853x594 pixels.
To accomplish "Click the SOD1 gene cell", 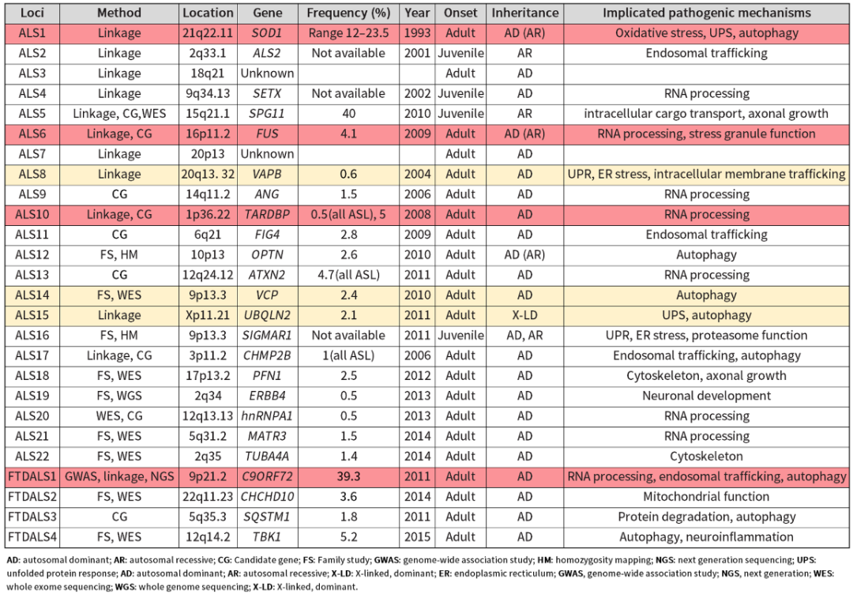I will point(268,33).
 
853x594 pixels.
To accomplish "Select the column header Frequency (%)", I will point(348,13).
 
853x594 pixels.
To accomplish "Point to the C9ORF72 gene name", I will point(268,476).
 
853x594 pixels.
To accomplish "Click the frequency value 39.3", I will point(348,476).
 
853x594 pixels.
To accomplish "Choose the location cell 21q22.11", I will point(208,33).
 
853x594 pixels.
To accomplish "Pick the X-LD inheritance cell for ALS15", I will point(525,315).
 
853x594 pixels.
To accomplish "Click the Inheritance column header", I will point(525,13).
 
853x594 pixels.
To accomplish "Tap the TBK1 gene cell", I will point(268,537).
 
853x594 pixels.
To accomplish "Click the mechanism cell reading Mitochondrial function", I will point(707,497).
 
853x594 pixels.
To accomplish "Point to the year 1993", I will point(417,33).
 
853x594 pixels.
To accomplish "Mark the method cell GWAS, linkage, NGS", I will point(119,476).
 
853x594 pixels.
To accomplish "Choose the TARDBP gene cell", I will point(268,214).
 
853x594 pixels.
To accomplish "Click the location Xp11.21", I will point(208,315).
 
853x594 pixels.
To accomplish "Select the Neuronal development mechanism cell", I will point(707,396).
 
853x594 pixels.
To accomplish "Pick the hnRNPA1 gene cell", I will point(268,416).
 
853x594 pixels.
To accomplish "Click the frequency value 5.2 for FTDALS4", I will point(348,537).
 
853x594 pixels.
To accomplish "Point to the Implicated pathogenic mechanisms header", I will point(707,13).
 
